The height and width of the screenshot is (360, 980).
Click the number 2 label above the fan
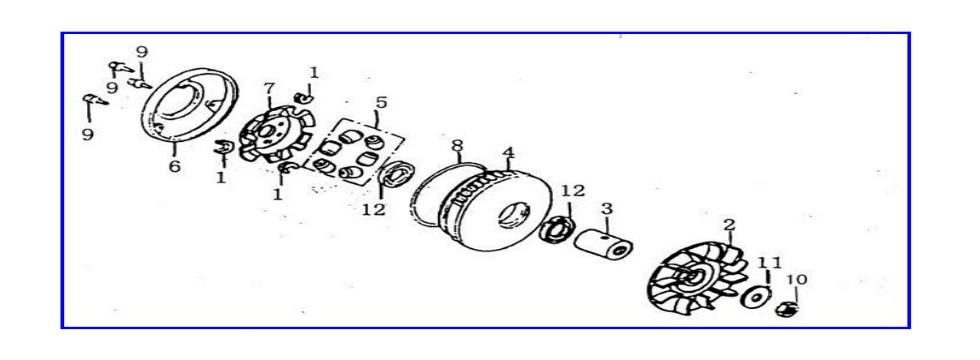pos(729,225)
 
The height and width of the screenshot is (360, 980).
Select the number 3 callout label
pos(606,209)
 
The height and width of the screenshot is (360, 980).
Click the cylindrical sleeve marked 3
pos(606,246)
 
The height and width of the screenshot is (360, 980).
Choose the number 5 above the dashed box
pos(381,103)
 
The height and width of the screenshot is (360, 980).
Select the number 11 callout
pos(768,263)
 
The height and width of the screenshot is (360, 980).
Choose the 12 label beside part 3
pos(572,190)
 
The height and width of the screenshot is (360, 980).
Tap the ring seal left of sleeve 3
pos(555,229)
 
